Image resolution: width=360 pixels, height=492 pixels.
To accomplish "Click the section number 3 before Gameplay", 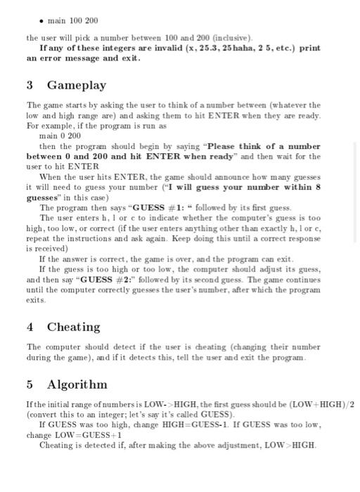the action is click(30, 85).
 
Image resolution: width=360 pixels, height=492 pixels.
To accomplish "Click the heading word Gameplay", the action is click(77, 85).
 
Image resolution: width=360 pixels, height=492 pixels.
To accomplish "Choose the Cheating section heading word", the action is click(74, 327).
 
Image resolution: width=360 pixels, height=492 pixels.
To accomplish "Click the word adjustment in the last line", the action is click(227, 446).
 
